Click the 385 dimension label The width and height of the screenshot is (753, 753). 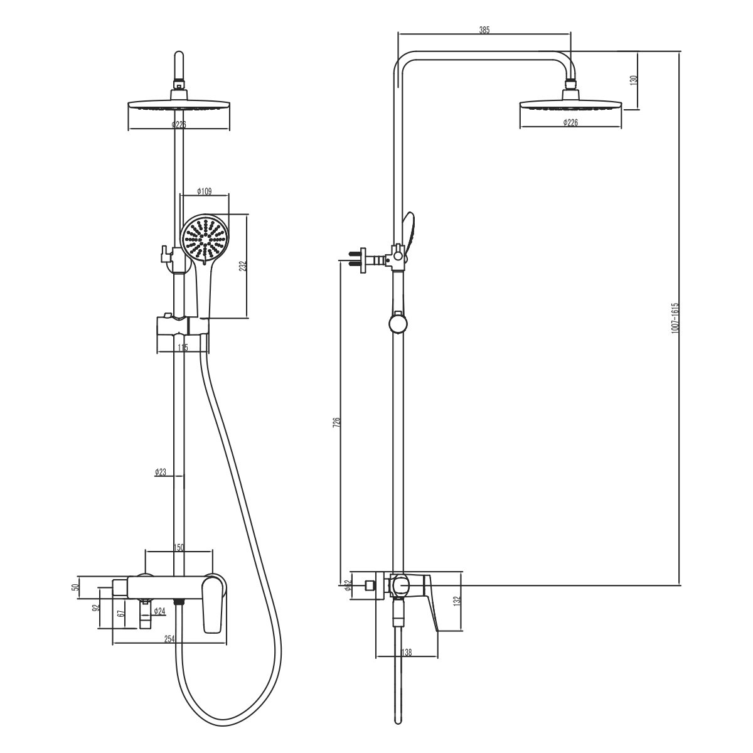pos(484,29)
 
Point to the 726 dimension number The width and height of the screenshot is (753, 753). pos(336,422)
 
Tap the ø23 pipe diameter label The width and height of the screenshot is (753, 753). pos(161,472)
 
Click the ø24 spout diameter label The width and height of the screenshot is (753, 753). pos(159,611)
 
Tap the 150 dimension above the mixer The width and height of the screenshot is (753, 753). pos(178,548)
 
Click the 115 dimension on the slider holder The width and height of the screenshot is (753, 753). pos(183,347)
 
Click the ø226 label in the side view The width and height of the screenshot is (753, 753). pos(570,122)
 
